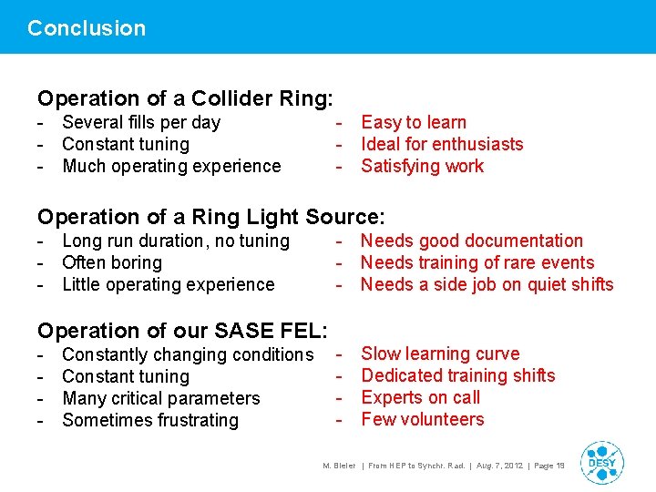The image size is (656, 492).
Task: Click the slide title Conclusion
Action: (87, 28)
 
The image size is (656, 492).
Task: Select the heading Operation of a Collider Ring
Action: (185, 98)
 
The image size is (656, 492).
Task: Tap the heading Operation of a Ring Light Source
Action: (211, 217)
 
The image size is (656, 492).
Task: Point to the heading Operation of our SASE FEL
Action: (182, 331)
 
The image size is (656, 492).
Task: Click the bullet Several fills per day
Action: (141, 122)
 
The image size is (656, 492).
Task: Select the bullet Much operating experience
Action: (171, 166)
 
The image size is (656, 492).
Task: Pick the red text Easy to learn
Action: (414, 122)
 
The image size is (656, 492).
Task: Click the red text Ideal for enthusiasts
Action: (442, 144)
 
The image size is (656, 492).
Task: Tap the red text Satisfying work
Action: (423, 166)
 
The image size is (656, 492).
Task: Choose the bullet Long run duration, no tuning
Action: (176, 241)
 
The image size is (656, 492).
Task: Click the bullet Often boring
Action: (112, 262)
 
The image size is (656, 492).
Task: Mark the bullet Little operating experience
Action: (168, 284)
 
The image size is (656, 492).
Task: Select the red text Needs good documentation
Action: (472, 241)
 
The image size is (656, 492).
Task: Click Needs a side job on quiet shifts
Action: (487, 284)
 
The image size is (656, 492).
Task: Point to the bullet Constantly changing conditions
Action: (188, 354)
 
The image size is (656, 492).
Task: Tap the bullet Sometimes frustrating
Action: (150, 420)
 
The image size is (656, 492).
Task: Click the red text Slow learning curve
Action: (440, 354)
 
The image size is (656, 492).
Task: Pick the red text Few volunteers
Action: (423, 419)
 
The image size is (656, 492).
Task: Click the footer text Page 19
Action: (548, 466)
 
